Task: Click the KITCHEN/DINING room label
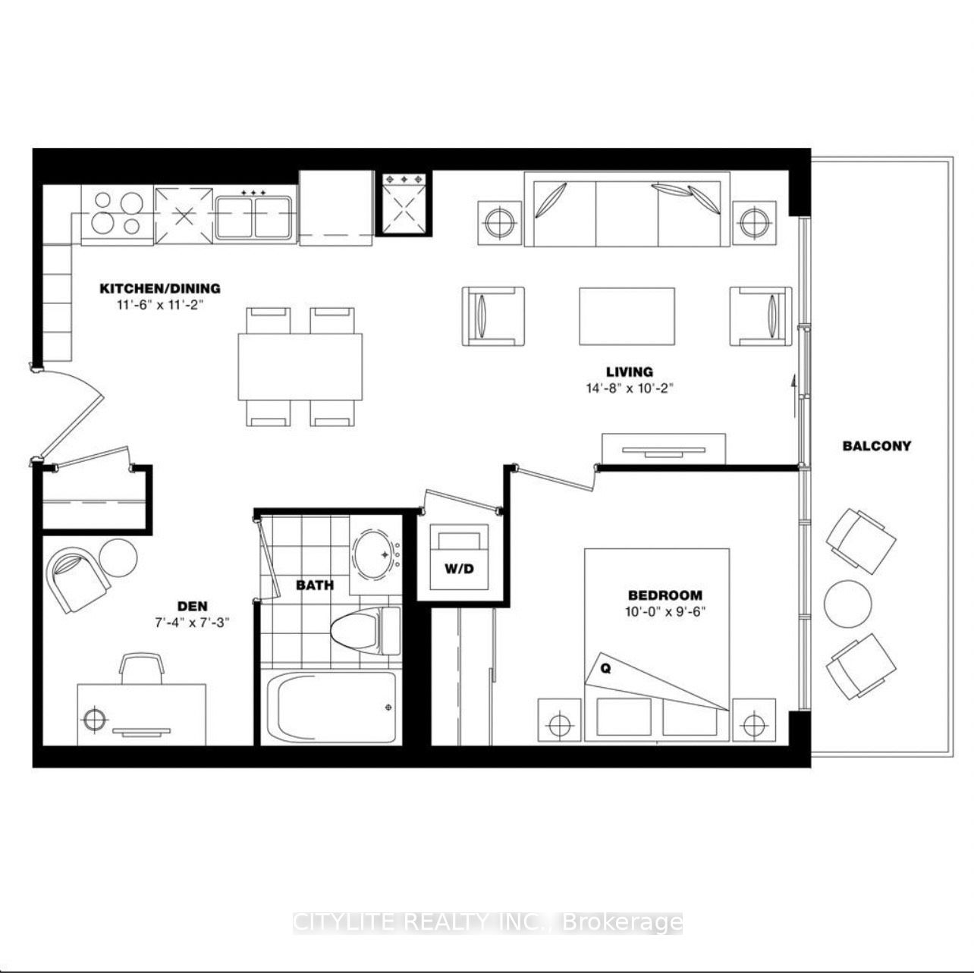(x=160, y=288)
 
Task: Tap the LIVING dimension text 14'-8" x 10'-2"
(x=629, y=388)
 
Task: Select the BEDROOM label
(x=665, y=595)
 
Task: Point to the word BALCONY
(x=876, y=446)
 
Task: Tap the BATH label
(x=314, y=585)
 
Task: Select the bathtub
(x=331, y=707)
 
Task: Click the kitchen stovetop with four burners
(x=117, y=213)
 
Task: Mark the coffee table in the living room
(x=627, y=315)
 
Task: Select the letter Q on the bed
(x=605, y=668)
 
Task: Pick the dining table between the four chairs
(x=300, y=366)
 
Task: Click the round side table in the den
(x=118, y=556)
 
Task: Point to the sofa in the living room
(x=627, y=209)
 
